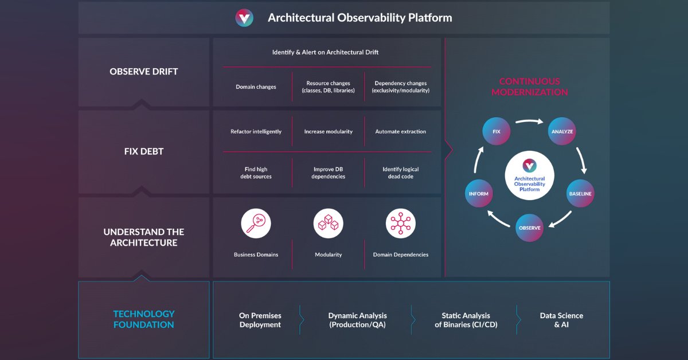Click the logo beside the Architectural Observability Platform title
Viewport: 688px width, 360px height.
(x=244, y=18)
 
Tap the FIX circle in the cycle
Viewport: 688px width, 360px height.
(x=497, y=131)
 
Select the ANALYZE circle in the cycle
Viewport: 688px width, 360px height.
(x=562, y=131)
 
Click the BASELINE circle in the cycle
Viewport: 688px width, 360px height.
(x=580, y=194)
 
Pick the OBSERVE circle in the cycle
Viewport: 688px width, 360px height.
(x=529, y=228)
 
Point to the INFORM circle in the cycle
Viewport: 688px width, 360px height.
(x=479, y=194)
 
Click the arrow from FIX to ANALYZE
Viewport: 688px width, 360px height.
(x=529, y=122)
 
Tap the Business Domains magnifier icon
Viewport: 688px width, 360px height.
(x=256, y=224)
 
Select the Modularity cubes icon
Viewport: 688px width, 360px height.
(x=329, y=224)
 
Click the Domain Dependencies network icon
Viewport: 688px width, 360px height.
(x=400, y=224)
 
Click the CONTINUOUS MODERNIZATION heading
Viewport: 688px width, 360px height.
(x=529, y=87)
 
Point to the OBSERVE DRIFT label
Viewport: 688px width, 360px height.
(x=144, y=72)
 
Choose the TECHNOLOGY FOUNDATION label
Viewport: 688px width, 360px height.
(x=144, y=319)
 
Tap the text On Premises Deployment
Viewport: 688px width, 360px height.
(x=260, y=320)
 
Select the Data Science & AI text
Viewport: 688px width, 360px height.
(x=561, y=320)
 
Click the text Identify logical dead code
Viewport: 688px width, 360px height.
(x=400, y=173)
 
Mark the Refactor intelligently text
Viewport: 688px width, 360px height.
(x=256, y=131)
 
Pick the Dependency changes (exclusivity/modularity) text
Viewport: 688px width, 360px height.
(x=400, y=87)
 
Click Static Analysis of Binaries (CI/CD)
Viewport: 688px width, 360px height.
(x=466, y=320)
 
